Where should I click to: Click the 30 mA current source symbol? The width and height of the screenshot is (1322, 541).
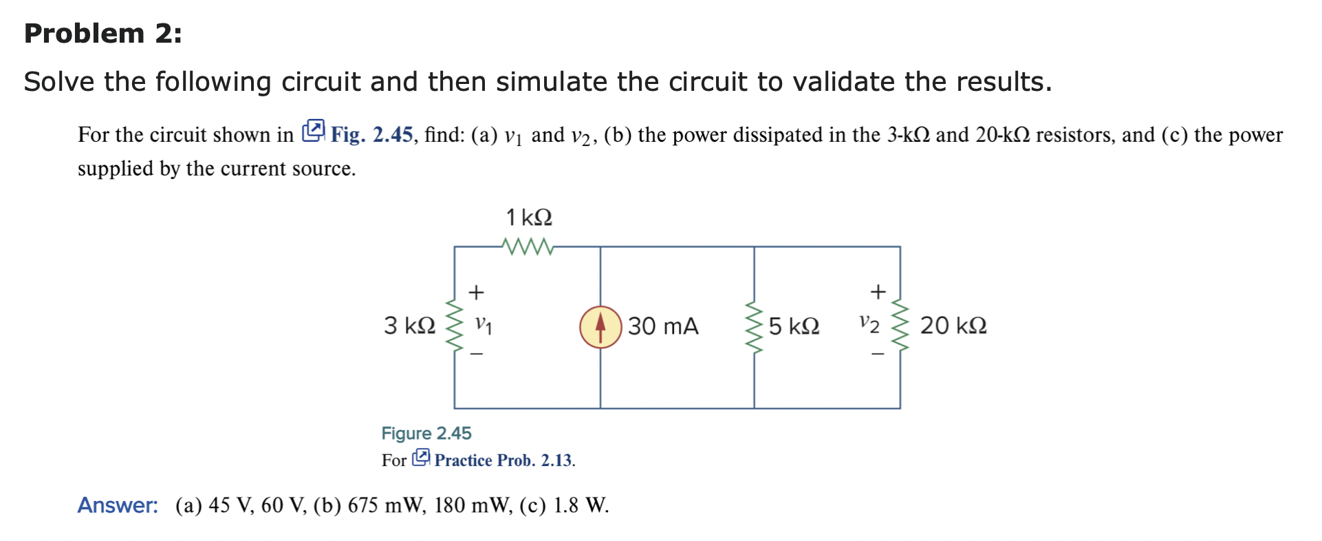tap(600, 327)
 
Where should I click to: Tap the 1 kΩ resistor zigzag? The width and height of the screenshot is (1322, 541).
tap(527, 246)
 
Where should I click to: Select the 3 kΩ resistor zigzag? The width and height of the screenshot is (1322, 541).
tap(454, 326)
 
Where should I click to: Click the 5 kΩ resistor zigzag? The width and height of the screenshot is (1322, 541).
tap(755, 326)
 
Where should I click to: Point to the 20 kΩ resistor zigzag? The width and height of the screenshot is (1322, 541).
tap(900, 326)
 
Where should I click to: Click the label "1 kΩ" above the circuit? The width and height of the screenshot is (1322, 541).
tap(529, 218)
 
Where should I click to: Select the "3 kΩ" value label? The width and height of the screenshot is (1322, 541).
tap(410, 326)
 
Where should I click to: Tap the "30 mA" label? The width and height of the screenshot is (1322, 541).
tap(663, 326)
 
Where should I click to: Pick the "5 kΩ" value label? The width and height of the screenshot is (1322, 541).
tap(794, 326)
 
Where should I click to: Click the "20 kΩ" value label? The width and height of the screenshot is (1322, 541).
tap(953, 326)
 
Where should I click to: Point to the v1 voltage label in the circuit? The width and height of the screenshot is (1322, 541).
tap(484, 324)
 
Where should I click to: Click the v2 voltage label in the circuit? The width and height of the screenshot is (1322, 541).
tap(869, 323)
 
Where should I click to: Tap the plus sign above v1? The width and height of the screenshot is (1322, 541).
tap(476, 293)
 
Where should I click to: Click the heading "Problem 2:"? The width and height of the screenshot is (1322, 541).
tap(103, 33)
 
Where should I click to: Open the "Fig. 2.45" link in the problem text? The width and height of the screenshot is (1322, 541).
tap(371, 134)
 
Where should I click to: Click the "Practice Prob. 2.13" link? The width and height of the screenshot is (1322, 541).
tap(503, 460)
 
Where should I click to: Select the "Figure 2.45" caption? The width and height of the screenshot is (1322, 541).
tap(426, 433)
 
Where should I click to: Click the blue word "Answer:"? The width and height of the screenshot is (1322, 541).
tap(118, 505)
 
